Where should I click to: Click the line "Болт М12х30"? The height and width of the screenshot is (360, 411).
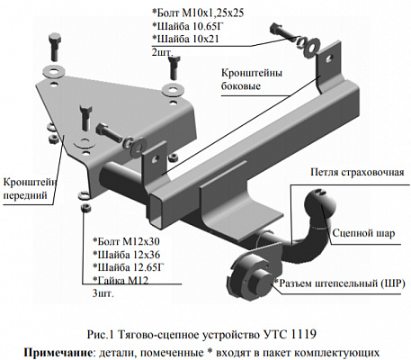(127, 242)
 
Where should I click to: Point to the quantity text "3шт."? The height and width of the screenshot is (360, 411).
(102, 293)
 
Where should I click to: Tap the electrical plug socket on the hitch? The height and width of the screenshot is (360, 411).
(247, 267)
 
